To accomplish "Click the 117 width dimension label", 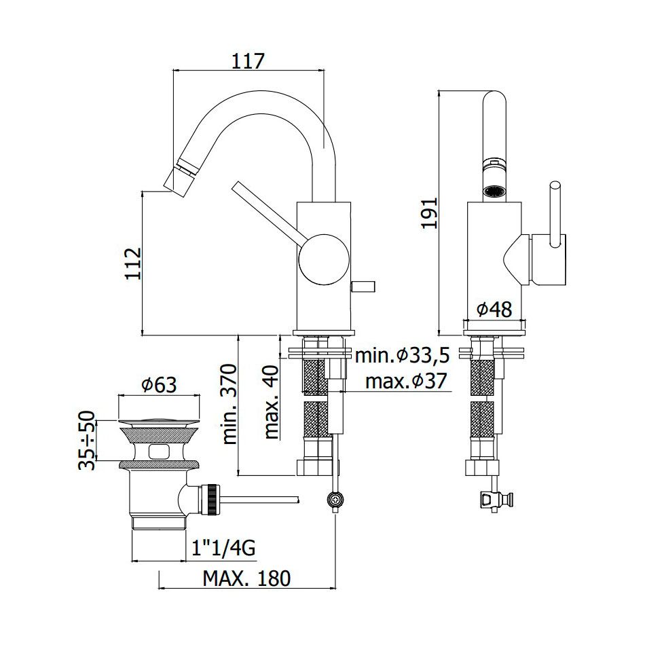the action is point(248,61).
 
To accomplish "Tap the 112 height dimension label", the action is point(134,263).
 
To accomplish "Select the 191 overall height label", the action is point(429,213).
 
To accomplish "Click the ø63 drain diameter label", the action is point(159,384).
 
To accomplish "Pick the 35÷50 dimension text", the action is point(87,440).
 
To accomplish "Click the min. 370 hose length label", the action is point(230,404).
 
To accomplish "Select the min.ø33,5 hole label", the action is point(403,355).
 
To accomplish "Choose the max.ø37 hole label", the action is point(405,382).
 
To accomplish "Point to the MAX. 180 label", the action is point(246,578).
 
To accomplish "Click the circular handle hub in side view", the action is point(324,259).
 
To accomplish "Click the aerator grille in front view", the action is point(493,191).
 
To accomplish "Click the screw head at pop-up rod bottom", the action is point(335,500).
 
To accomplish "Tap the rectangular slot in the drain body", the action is point(159,451).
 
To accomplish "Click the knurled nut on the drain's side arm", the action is point(213,500).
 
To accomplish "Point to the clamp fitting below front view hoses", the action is point(495,500).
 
